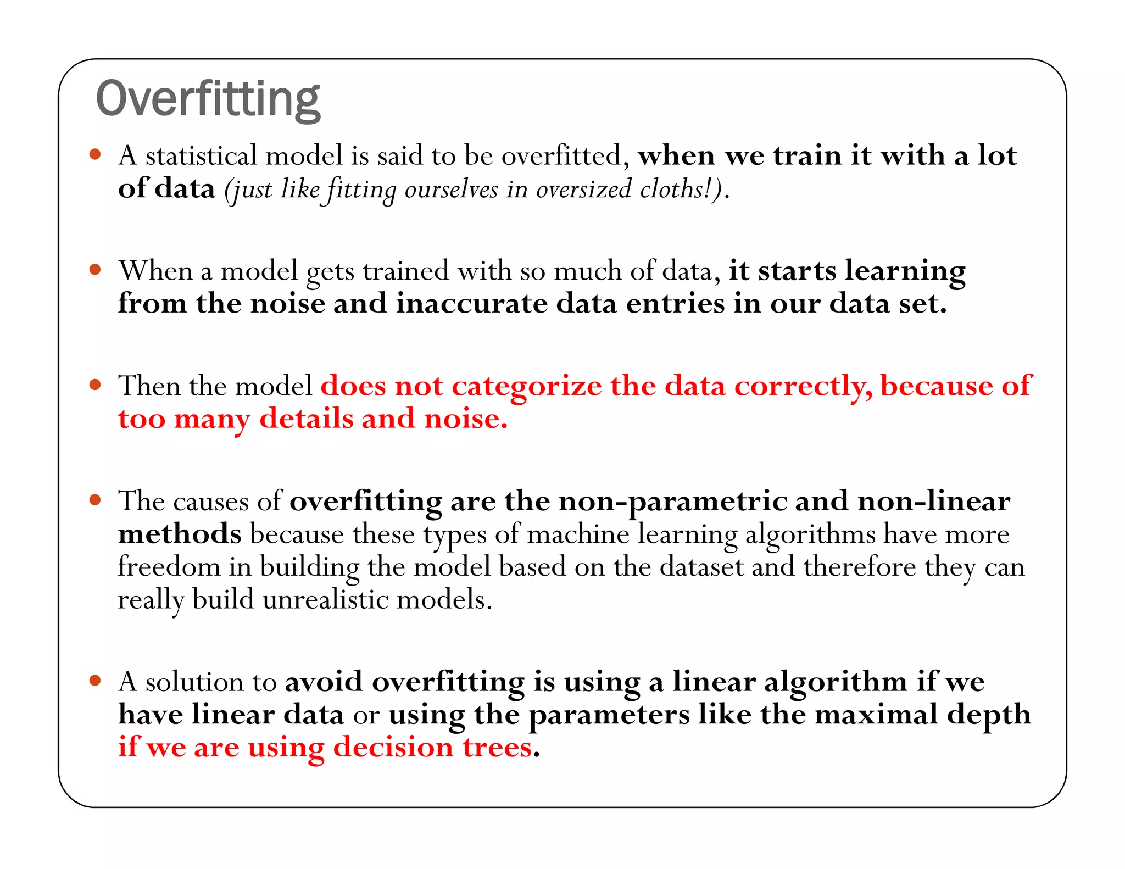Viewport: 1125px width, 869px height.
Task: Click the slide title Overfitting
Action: [208, 99]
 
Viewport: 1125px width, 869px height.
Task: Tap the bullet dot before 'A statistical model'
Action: [96, 154]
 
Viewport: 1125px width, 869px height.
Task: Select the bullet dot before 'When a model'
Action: [96, 270]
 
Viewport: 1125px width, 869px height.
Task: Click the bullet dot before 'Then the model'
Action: [96, 385]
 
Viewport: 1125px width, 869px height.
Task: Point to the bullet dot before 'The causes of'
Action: [96, 500]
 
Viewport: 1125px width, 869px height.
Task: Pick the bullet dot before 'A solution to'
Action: [96, 681]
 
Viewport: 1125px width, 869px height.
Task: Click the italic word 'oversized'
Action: [584, 190]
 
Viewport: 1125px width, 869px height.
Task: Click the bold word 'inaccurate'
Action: [472, 304]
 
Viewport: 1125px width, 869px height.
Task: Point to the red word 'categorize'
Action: [527, 387]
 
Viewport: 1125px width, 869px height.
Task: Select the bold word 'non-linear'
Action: [933, 501]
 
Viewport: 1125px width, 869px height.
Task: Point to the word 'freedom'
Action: [169, 566]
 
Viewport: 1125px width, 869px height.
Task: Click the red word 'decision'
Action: [393, 748]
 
